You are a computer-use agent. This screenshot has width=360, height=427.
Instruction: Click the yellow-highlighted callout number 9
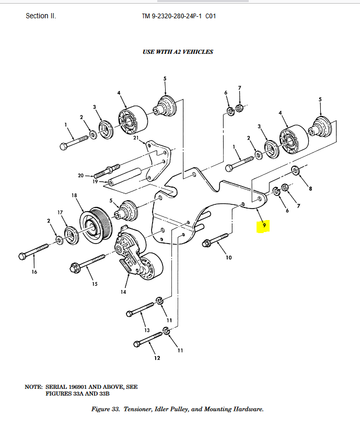click(x=265, y=225)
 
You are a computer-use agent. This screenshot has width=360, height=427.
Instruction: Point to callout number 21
click(x=136, y=138)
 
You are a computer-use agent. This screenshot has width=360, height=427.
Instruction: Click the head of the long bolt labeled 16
click(x=22, y=256)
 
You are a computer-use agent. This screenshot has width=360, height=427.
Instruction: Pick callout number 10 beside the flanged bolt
click(x=228, y=257)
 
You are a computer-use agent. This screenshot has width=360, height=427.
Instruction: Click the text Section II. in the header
click(x=41, y=16)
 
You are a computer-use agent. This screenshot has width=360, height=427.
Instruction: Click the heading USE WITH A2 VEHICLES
click(x=178, y=52)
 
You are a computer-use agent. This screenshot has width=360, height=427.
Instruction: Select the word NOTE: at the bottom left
click(x=33, y=387)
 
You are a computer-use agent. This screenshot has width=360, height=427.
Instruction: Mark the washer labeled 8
click(x=295, y=170)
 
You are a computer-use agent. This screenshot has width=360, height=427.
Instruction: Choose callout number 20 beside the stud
click(x=81, y=176)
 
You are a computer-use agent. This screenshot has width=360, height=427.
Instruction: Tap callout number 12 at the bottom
click(x=157, y=358)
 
